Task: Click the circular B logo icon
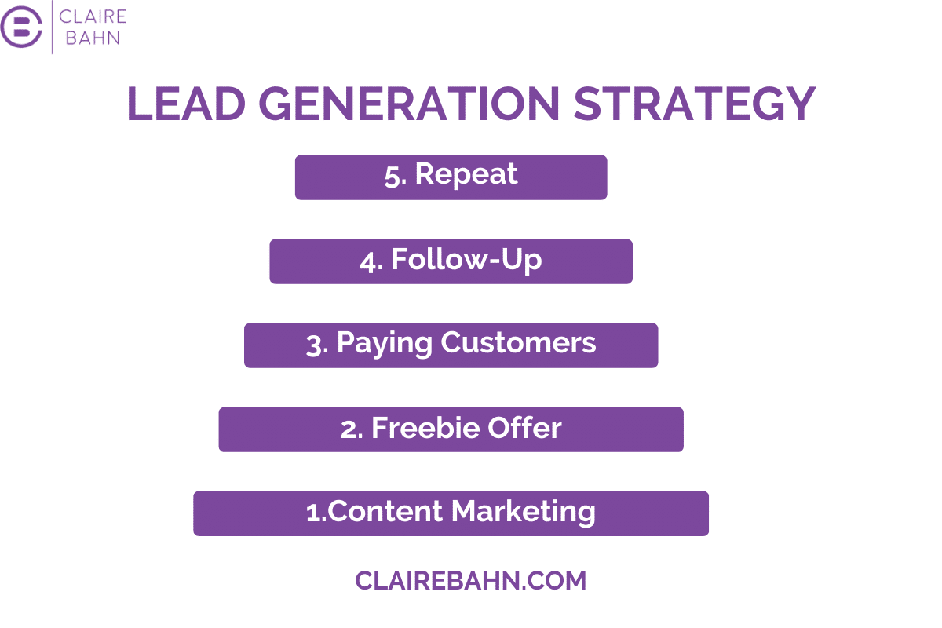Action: pyautogui.click(x=21, y=27)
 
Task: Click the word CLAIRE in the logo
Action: pyautogui.click(x=93, y=16)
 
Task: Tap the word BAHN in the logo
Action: pyautogui.click(x=93, y=38)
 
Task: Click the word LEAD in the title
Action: pyautogui.click(x=186, y=104)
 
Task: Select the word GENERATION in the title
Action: pyautogui.click(x=409, y=104)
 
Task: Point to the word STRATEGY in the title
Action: pyautogui.click(x=695, y=104)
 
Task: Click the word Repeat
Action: pyautogui.click(x=466, y=173)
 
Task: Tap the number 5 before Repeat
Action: pyautogui.click(x=392, y=177)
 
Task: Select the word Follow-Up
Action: pyautogui.click(x=466, y=260)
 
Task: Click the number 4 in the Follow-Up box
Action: pyautogui.click(x=368, y=262)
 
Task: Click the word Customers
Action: pyautogui.click(x=518, y=343)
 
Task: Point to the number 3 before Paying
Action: pyautogui.click(x=314, y=345)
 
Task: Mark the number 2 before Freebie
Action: pyautogui.click(x=349, y=430)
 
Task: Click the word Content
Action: pyautogui.click(x=385, y=512)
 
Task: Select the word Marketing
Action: pyautogui.click(x=524, y=513)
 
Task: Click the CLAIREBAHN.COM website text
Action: pyautogui.click(x=470, y=581)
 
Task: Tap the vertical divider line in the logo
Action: pyautogui.click(x=52, y=27)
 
